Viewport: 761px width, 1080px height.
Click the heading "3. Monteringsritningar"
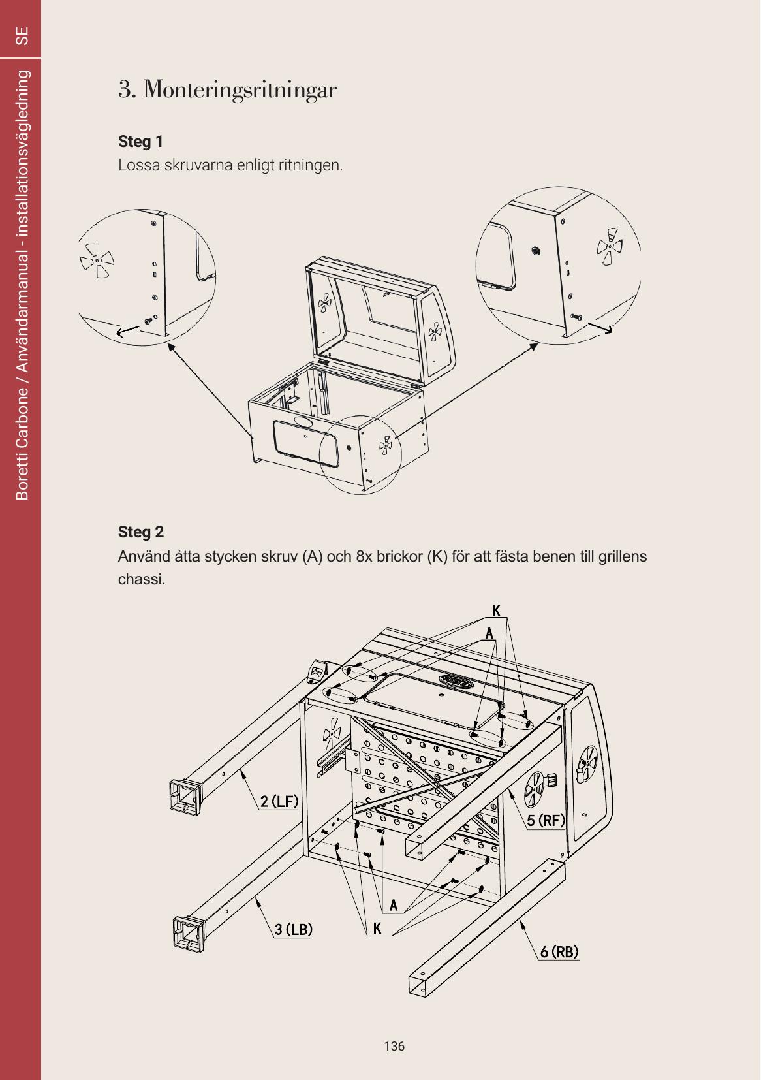pyautogui.click(x=227, y=90)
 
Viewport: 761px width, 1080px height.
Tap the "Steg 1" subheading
pyautogui.click(x=141, y=142)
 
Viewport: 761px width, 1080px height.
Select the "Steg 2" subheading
pyautogui.click(x=141, y=532)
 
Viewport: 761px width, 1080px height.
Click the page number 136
pyautogui.click(x=394, y=1046)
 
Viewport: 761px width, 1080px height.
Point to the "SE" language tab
pyautogui.click(x=22, y=36)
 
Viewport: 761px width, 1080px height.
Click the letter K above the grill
pyautogui.click(x=497, y=611)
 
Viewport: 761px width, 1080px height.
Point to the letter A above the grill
pyautogui.click(x=489, y=633)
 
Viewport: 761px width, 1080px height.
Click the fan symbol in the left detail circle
pyautogui.click(x=97, y=261)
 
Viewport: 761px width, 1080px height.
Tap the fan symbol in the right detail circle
pyautogui.click(x=610, y=246)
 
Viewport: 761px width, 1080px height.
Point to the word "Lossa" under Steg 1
pyautogui.click(x=139, y=165)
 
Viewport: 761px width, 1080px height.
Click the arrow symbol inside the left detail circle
pyautogui.click(x=128, y=331)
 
